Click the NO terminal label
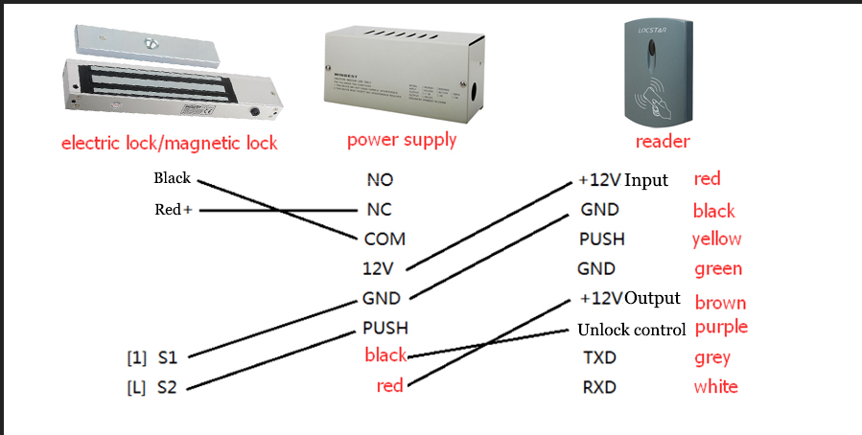[380, 179]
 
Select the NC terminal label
[379, 209]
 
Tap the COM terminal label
[384, 239]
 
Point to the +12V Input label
[623, 180]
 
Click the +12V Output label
[630, 298]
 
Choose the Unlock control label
[631, 330]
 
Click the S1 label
[167, 358]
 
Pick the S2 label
[167, 388]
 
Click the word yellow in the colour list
[716, 240]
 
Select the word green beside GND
[718, 269]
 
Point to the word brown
[720, 303]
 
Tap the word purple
[721, 328]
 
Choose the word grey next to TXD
[712, 358]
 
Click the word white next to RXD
[715, 387]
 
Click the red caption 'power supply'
[402, 140]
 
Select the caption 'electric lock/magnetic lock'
[169, 144]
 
